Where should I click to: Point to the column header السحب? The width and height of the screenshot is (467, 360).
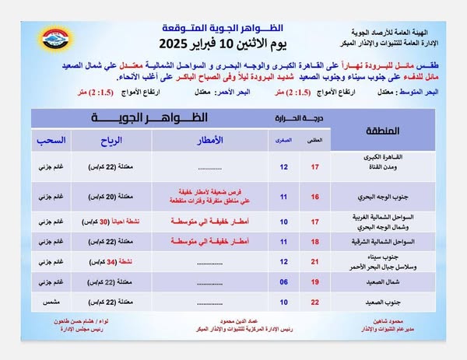pyautogui.click(x=53, y=140)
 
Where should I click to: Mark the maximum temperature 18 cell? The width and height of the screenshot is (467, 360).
pyautogui.click(x=315, y=243)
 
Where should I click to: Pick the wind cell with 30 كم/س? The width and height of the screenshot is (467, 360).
pyautogui.click(x=114, y=222)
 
